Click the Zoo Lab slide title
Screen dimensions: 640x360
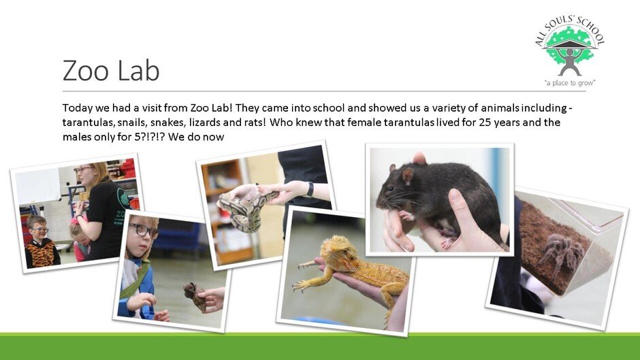point(110,70)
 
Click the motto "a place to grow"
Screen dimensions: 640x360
point(570,83)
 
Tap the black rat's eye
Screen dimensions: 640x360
point(390,189)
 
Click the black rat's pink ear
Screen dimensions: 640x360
point(407,175)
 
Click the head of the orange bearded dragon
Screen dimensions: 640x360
point(336,250)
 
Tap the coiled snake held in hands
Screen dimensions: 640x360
point(246,211)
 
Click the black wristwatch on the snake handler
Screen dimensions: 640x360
point(310,189)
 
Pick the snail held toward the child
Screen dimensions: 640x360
point(194,295)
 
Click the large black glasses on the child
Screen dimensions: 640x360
point(143,231)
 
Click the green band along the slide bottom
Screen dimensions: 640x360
point(320,346)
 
